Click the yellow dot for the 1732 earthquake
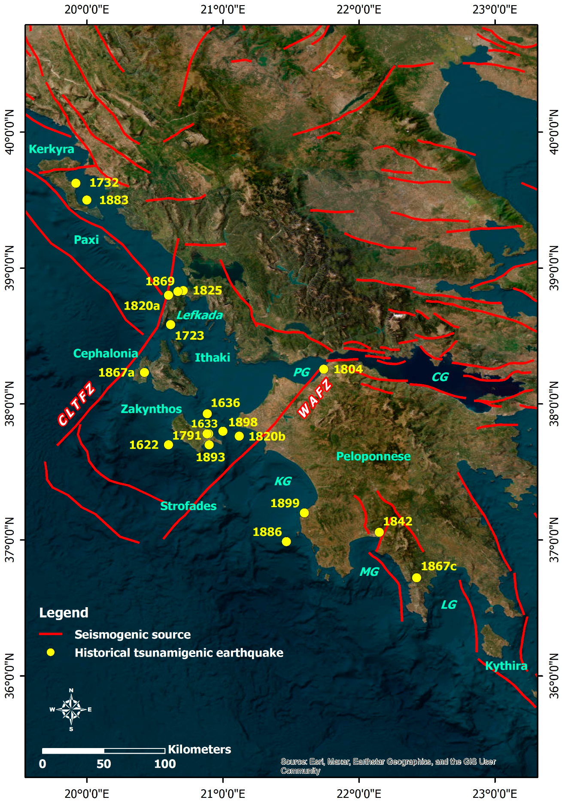[76, 183]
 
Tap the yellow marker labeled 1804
[324, 369]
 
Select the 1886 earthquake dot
[286, 541]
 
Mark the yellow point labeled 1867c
[416, 578]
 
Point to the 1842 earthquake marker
[379, 532]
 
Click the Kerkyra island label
[52, 149]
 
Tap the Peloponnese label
[373, 456]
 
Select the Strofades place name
[188, 506]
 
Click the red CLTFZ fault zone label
[76, 404]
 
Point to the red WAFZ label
[315, 398]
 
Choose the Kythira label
[506, 666]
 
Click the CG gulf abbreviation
[440, 377]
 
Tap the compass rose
[71, 709]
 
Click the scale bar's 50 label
[103, 764]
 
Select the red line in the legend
[51, 634]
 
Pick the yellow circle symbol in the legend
[51, 652]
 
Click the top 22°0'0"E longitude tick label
[358, 9]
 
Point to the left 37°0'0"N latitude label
[9, 539]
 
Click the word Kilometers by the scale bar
[199, 749]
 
